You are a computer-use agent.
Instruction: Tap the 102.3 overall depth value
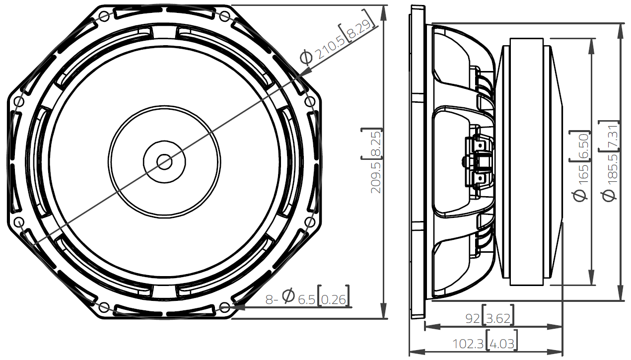pyautogui.click(x=469, y=343)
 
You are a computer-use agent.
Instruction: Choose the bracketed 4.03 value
pyautogui.click(x=502, y=343)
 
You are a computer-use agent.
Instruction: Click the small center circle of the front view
pyautogui.click(x=164, y=161)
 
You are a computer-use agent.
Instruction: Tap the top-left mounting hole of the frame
pyautogui.click(x=104, y=16)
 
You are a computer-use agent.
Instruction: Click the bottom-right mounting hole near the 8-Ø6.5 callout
pyautogui.click(x=225, y=306)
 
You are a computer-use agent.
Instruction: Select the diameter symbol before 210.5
pyautogui.click(x=307, y=57)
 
